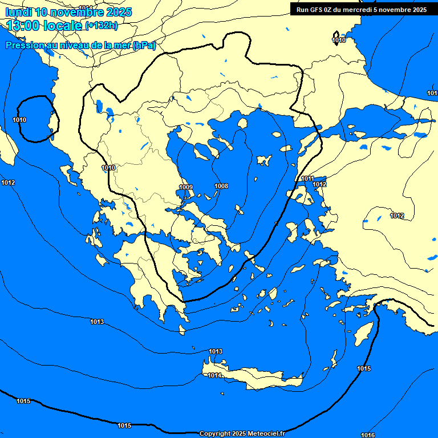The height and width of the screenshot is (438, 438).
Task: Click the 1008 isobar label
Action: pos(221,186)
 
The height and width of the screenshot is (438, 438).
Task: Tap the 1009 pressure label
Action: pos(186,187)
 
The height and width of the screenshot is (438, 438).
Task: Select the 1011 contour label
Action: pos(307,179)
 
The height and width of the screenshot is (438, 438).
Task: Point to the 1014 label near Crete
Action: pos(214,375)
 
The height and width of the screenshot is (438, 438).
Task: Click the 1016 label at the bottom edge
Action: pos(368,435)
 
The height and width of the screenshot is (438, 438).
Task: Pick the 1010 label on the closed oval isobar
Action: pos(19,120)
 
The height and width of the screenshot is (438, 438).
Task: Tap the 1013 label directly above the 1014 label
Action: pos(216,351)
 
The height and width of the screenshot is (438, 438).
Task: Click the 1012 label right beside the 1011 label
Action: pos(319,184)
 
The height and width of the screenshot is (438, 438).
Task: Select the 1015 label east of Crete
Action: pos(364,368)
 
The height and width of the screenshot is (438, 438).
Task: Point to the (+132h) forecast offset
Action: pos(102,25)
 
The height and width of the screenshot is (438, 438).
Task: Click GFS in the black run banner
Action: pos(318,10)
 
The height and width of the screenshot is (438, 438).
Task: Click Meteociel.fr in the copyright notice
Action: pos(266,433)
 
